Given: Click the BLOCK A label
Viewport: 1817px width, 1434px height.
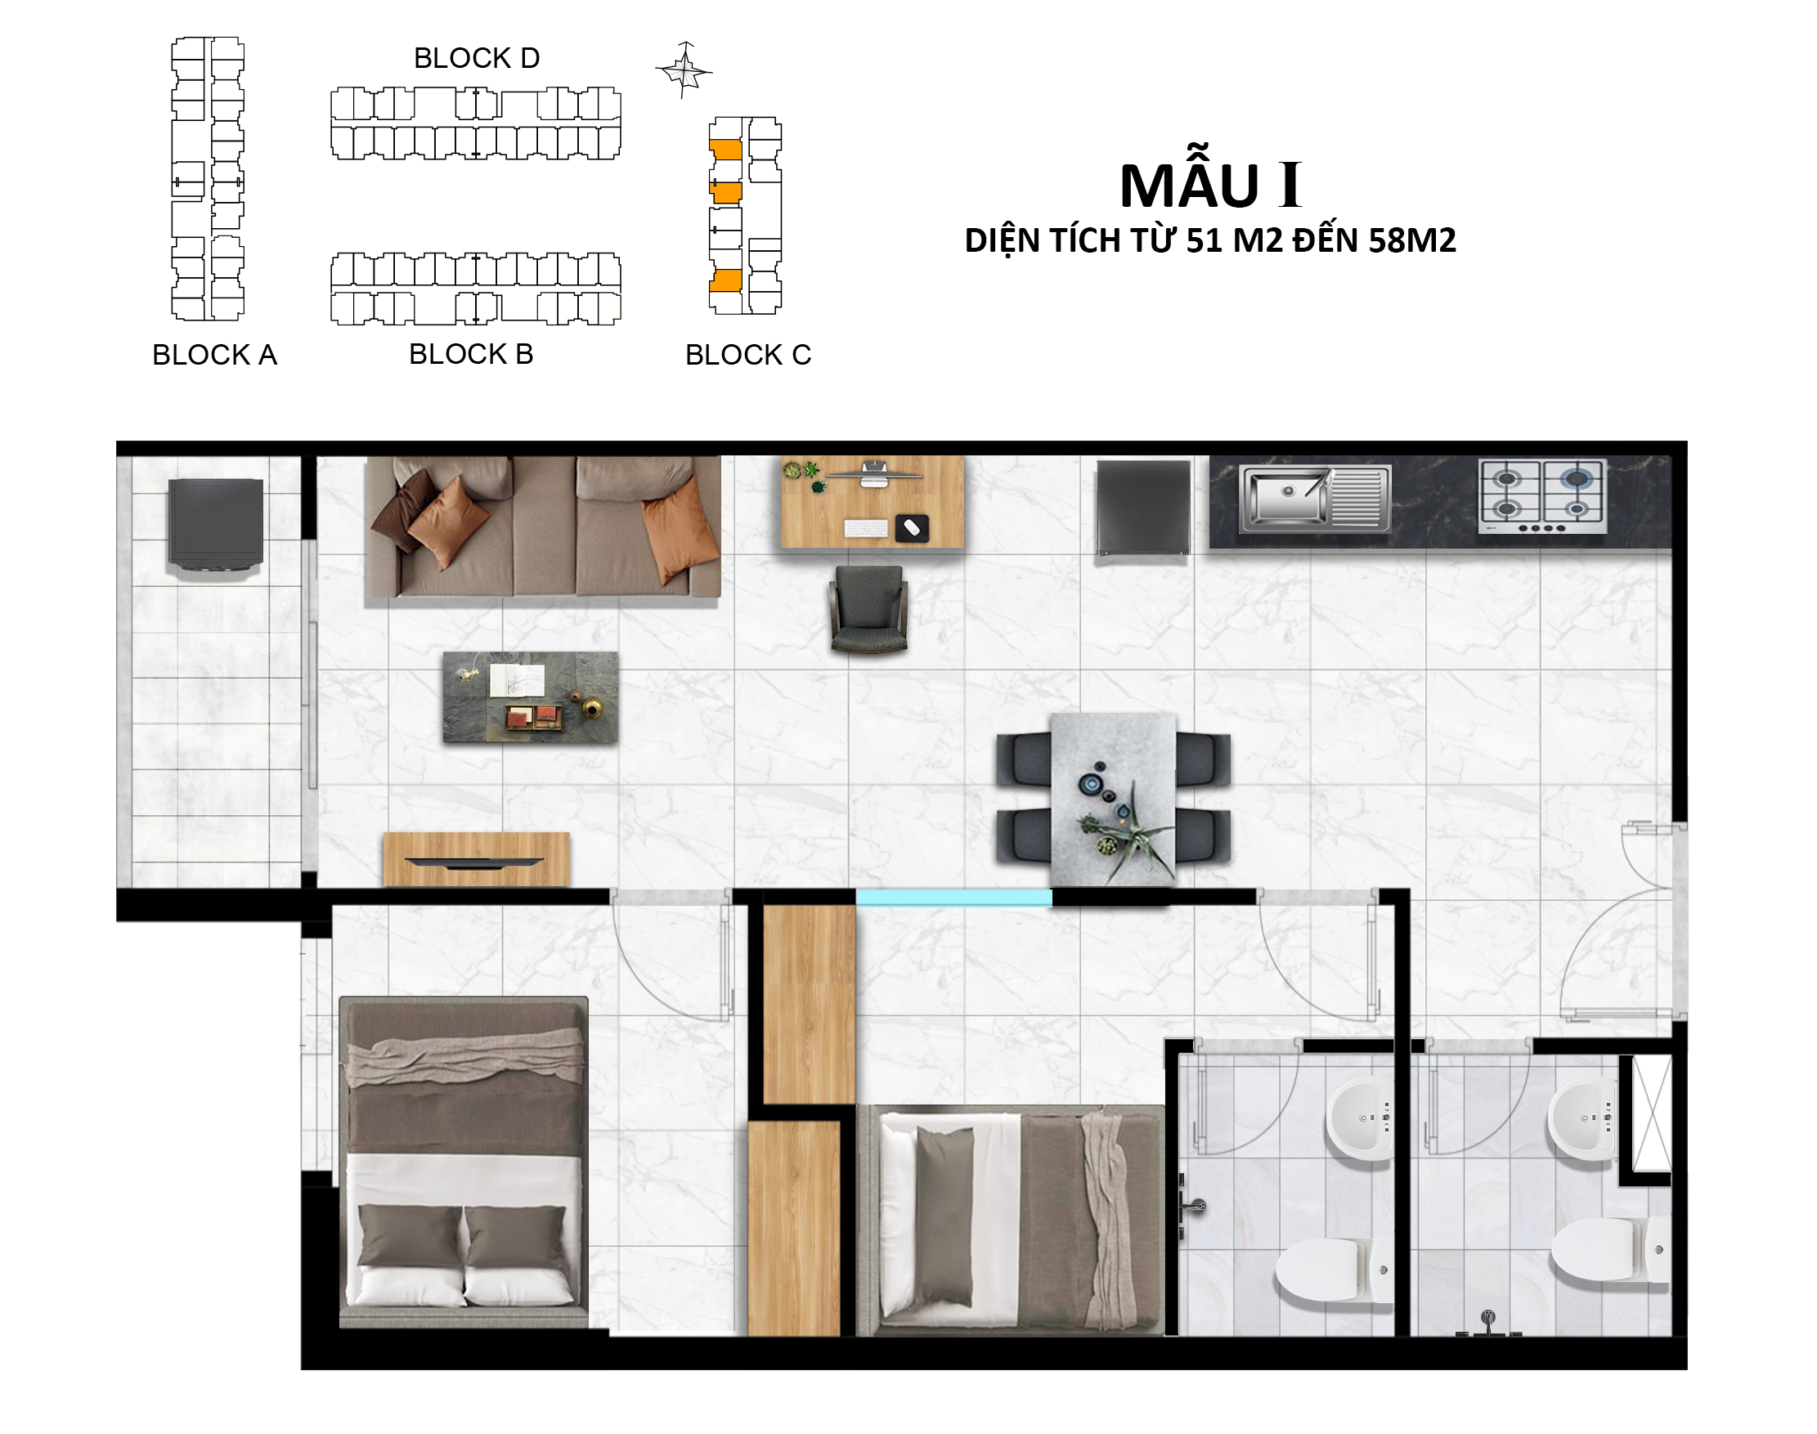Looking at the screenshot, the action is click(x=214, y=355).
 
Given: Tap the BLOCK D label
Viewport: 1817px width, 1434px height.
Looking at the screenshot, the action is click(x=477, y=58).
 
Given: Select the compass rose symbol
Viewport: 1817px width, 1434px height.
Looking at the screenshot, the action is click(x=684, y=69).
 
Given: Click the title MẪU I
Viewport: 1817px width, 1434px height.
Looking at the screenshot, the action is click(x=1211, y=186).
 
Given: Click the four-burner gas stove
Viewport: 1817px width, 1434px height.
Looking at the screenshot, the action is click(x=1542, y=496).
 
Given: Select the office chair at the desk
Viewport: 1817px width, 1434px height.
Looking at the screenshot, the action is click(x=868, y=610).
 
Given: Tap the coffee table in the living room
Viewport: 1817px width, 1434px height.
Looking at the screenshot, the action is click(x=531, y=697).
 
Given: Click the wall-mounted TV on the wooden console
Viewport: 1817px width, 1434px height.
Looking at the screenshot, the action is click(x=474, y=863).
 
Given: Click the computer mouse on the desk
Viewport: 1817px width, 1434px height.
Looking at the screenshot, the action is click(x=912, y=528).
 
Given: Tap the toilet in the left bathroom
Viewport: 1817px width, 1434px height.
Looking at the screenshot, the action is click(x=1334, y=1270).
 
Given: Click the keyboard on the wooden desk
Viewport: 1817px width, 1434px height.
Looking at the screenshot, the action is click(x=866, y=528).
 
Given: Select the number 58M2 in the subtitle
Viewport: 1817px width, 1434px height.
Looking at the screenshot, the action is click(x=1412, y=241).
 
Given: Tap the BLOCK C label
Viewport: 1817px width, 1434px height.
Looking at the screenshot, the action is click(x=748, y=355).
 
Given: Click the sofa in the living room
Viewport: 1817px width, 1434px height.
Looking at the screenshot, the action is click(x=543, y=527).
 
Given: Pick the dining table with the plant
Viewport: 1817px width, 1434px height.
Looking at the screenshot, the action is click(x=1114, y=800).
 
